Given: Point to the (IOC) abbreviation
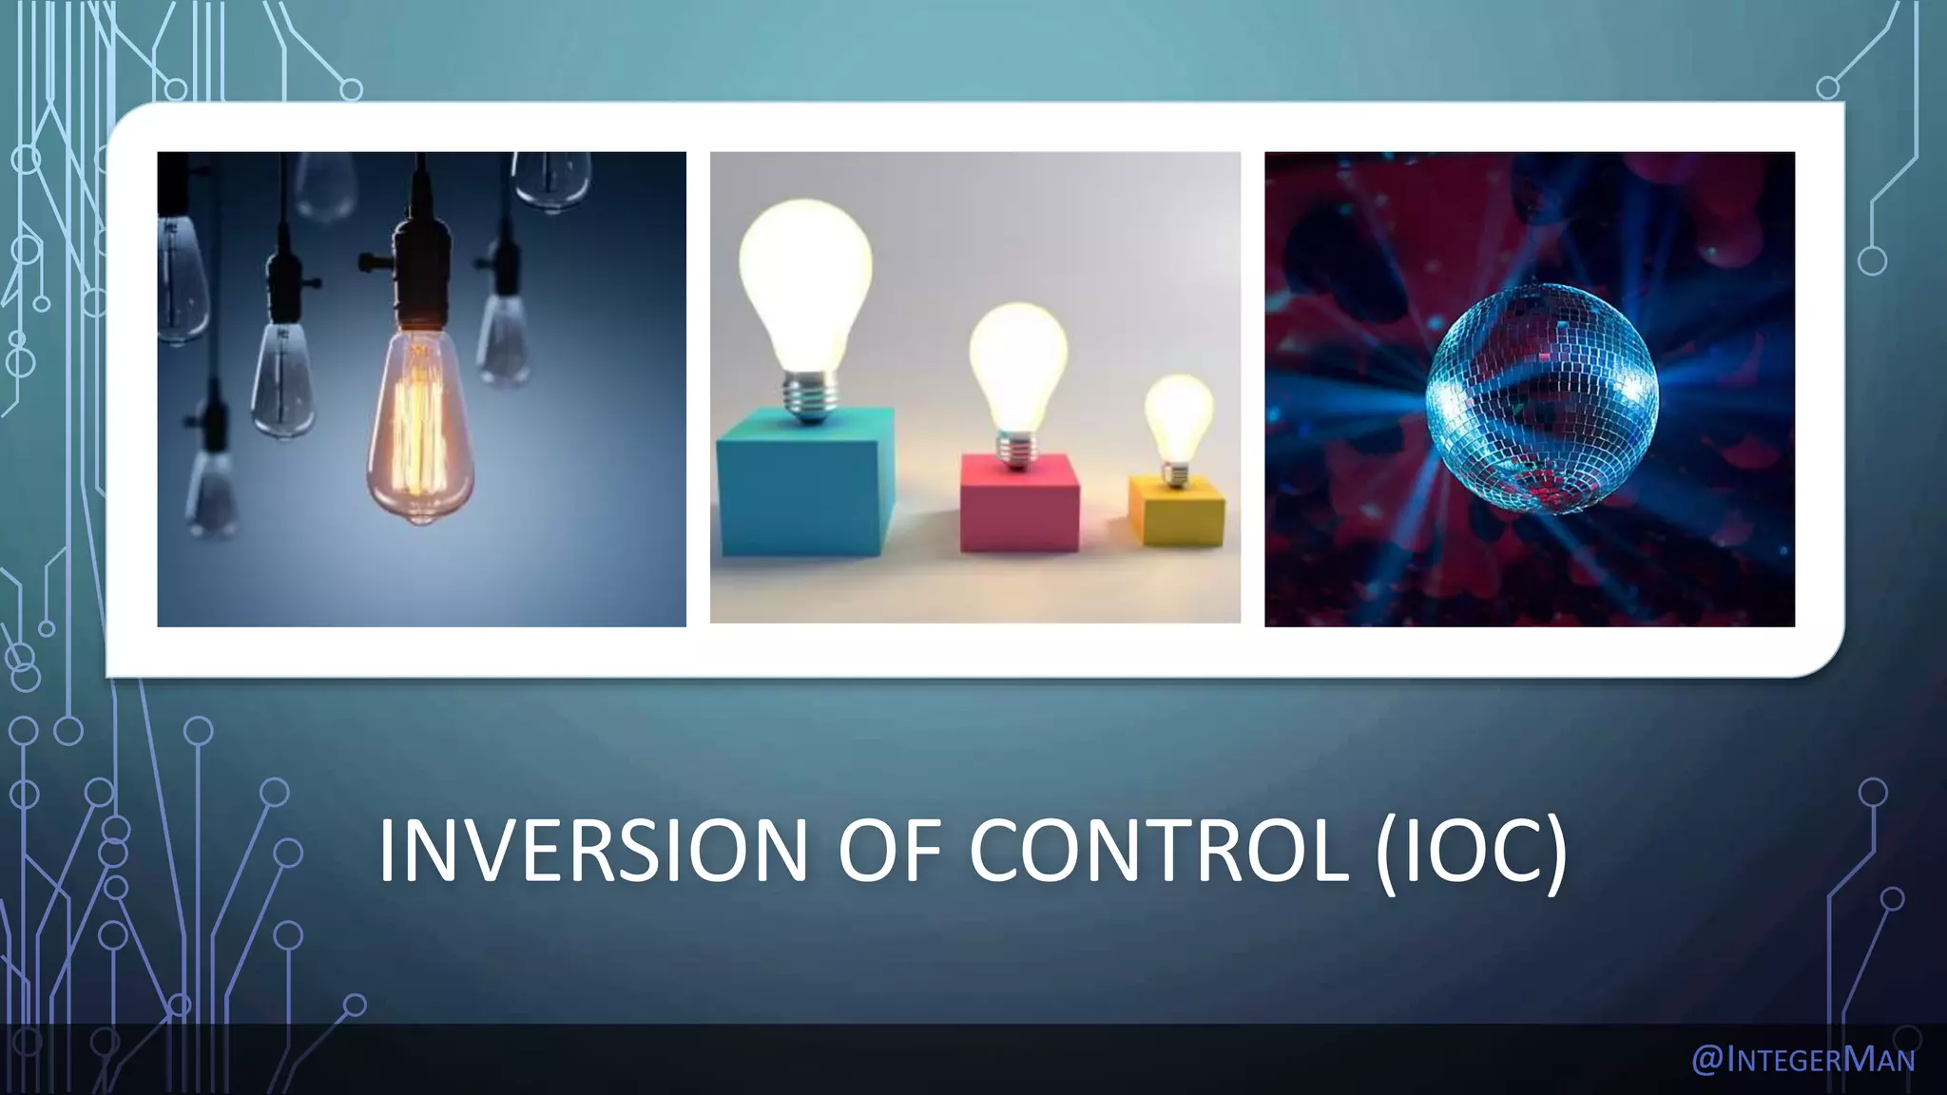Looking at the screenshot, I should (x=1471, y=852).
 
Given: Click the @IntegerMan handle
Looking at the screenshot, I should (x=1802, y=1059).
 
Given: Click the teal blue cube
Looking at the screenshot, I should (x=806, y=483).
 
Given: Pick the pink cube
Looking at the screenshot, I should (x=1019, y=504).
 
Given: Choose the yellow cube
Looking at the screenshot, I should (x=1177, y=511).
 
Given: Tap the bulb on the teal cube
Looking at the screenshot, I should (x=805, y=285).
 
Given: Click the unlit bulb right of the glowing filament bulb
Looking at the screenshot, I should (x=504, y=337).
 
